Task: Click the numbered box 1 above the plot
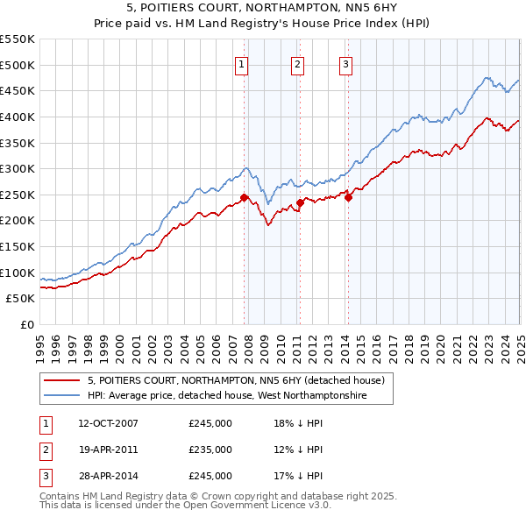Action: [x=241, y=64]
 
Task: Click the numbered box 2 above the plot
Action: [x=298, y=64]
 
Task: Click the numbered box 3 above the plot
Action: [x=346, y=64]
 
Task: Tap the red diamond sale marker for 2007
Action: [x=244, y=197]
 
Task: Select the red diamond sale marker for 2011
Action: [x=300, y=202]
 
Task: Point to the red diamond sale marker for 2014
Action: [x=348, y=197]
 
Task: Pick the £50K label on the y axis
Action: [x=20, y=299]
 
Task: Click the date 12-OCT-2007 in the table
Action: [x=108, y=423]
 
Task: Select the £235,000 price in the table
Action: [x=210, y=450]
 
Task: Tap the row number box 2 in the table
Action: [x=45, y=450]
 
